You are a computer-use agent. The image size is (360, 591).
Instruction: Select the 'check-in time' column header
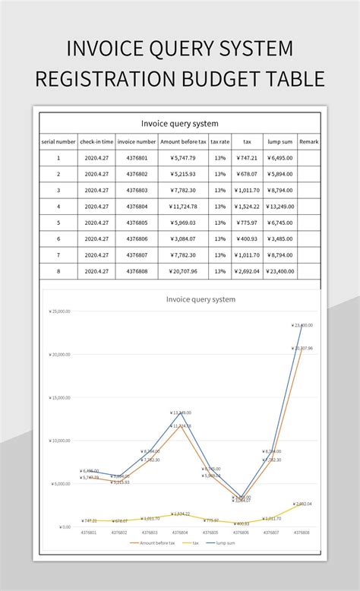[96, 141]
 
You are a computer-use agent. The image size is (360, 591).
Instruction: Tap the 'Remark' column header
[309, 141]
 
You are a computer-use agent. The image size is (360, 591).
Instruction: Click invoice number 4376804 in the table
[137, 206]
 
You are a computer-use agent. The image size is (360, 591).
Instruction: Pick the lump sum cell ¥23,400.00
[280, 271]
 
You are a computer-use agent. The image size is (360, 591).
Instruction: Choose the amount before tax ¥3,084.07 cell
[184, 239]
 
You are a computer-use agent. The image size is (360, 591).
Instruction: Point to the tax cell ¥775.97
[247, 223]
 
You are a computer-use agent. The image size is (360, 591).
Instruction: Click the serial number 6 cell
[58, 239]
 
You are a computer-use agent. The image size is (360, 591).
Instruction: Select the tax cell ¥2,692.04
[247, 271]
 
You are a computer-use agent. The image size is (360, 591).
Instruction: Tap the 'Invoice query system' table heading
[180, 123]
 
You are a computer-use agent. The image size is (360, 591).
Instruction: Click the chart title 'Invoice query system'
[201, 299]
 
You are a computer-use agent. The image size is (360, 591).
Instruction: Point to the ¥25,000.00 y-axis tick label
[59, 311]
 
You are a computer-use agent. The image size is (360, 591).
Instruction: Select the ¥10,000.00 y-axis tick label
[59, 441]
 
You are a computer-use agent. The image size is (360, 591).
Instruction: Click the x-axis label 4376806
[241, 533]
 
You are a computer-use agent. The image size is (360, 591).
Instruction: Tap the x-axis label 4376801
[89, 533]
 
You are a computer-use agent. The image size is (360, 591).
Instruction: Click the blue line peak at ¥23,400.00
[302, 326]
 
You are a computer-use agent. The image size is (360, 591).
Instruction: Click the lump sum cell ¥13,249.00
[280, 206]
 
